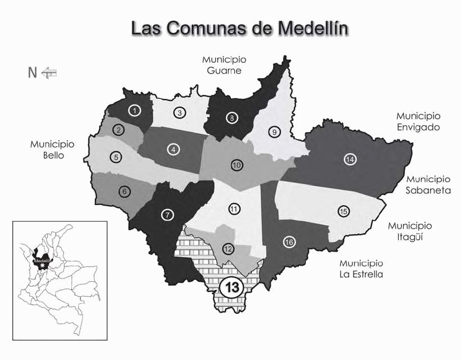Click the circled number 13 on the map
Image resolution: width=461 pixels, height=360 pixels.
click(232, 287)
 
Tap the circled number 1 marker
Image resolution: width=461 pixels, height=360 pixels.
click(134, 111)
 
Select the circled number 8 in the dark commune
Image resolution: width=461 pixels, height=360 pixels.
click(232, 118)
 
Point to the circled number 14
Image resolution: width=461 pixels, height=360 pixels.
click(350, 159)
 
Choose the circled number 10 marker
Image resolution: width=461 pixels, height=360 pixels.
click(236, 165)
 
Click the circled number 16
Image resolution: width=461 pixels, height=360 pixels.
click(289, 242)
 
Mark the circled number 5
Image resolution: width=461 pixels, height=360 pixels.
click(116, 157)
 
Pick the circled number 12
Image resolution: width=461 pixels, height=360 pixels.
click(229, 249)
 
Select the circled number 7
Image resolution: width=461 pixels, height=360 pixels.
click(167, 215)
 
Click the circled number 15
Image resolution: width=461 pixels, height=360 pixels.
click(343, 211)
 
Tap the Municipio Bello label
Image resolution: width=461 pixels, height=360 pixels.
click(53, 149)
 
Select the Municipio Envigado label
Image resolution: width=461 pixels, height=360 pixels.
click(418, 121)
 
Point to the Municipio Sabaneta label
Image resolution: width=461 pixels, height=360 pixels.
click(428, 185)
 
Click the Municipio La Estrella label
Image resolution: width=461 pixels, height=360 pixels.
click(361, 269)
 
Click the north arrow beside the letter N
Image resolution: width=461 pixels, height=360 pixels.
click(50, 72)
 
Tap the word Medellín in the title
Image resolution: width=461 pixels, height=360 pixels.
click(314, 28)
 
